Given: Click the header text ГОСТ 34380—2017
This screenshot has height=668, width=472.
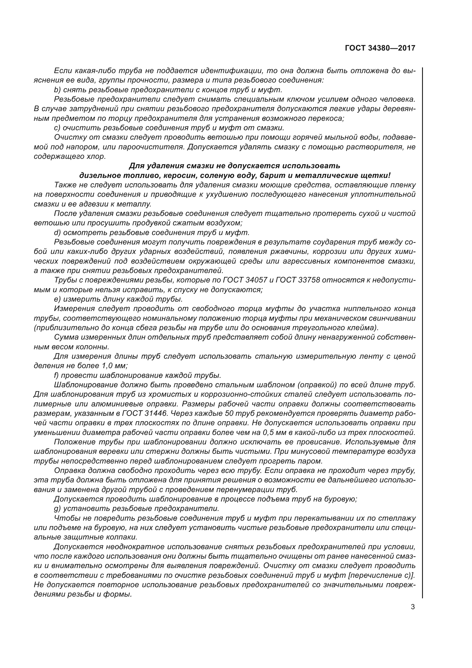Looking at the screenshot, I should coord(380,48).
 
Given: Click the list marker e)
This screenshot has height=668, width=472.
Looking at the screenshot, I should coord(57,299).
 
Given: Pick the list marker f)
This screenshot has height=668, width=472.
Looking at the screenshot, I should coord(56,375).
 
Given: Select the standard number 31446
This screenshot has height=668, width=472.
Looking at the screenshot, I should coord(157,414).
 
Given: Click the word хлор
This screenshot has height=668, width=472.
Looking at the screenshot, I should coord(96,157).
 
